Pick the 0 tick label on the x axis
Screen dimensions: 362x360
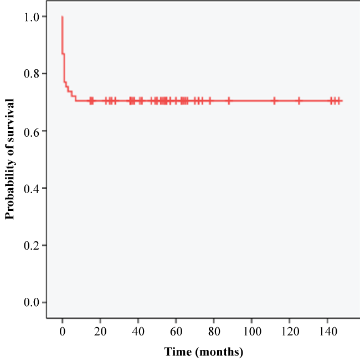pos(62,332)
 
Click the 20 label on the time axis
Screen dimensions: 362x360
pos(100,332)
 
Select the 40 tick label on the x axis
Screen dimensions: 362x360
pos(138,332)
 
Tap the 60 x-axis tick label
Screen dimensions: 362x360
pos(176,332)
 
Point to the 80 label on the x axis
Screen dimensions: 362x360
pos(214,332)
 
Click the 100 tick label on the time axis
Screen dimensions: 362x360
pos(251,332)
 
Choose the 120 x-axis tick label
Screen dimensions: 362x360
pos(289,332)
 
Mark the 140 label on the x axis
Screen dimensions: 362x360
pos(327,332)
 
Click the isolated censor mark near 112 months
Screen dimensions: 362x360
pos(274,101)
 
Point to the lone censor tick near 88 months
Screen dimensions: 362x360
pos(229,101)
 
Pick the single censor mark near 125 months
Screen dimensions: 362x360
pos(299,101)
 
